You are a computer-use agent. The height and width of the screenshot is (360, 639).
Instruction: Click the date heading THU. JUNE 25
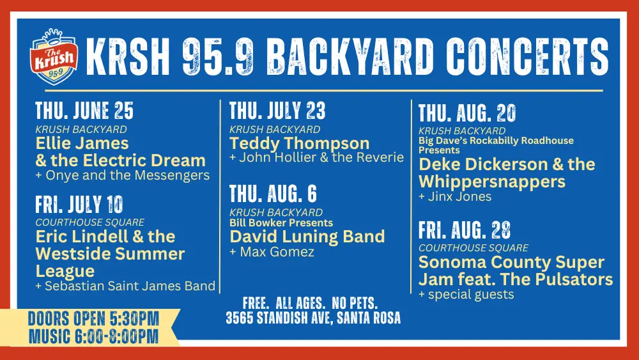(x=84, y=111)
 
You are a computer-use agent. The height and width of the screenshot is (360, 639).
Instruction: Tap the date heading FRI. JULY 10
(x=79, y=205)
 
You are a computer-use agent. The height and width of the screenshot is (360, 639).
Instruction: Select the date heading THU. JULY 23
(x=277, y=111)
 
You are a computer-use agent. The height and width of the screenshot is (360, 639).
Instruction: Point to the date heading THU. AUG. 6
(x=273, y=194)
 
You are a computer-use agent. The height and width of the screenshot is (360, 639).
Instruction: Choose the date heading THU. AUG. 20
(x=467, y=114)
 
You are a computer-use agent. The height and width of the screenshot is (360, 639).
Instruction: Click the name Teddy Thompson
(x=299, y=143)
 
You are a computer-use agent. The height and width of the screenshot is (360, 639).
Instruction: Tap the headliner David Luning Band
(x=307, y=237)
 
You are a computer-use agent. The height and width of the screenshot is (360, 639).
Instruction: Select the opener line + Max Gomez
(x=272, y=252)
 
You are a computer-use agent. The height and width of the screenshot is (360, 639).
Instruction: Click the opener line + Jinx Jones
(x=455, y=196)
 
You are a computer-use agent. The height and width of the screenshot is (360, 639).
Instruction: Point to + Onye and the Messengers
(x=123, y=175)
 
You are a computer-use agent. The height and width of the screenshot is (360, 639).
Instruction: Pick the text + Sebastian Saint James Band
(x=125, y=286)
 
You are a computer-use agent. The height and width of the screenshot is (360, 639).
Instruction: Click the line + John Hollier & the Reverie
(x=316, y=157)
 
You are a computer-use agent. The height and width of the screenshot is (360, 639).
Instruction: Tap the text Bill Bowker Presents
(x=281, y=223)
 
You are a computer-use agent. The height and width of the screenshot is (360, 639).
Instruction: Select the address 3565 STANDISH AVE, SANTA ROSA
(x=313, y=318)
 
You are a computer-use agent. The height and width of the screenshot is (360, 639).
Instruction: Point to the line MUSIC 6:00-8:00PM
(x=93, y=337)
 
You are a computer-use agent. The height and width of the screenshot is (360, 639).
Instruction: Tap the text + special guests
(x=466, y=294)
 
